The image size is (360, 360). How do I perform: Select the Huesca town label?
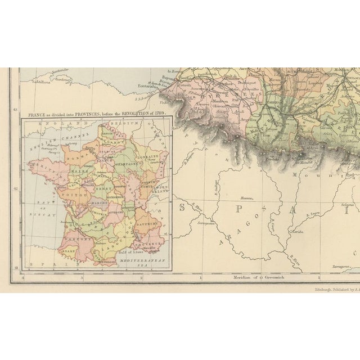(x=246, y=198)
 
